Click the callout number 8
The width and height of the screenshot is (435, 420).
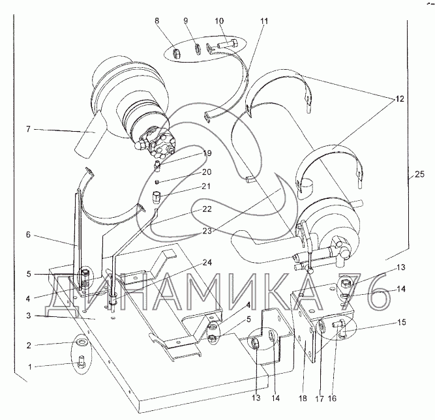tap(157, 21)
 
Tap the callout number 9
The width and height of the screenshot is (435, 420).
tap(186, 21)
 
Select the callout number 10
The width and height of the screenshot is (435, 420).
tap(219, 21)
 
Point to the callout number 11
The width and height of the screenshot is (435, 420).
tap(264, 21)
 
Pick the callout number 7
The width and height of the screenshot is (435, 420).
tap(28, 129)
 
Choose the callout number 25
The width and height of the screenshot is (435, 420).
tap(419, 174)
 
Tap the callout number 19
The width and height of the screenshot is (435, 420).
tap(207, 153)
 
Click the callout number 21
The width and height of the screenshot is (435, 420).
tap(206, 186)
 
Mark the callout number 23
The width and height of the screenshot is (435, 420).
tap(207, 231)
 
